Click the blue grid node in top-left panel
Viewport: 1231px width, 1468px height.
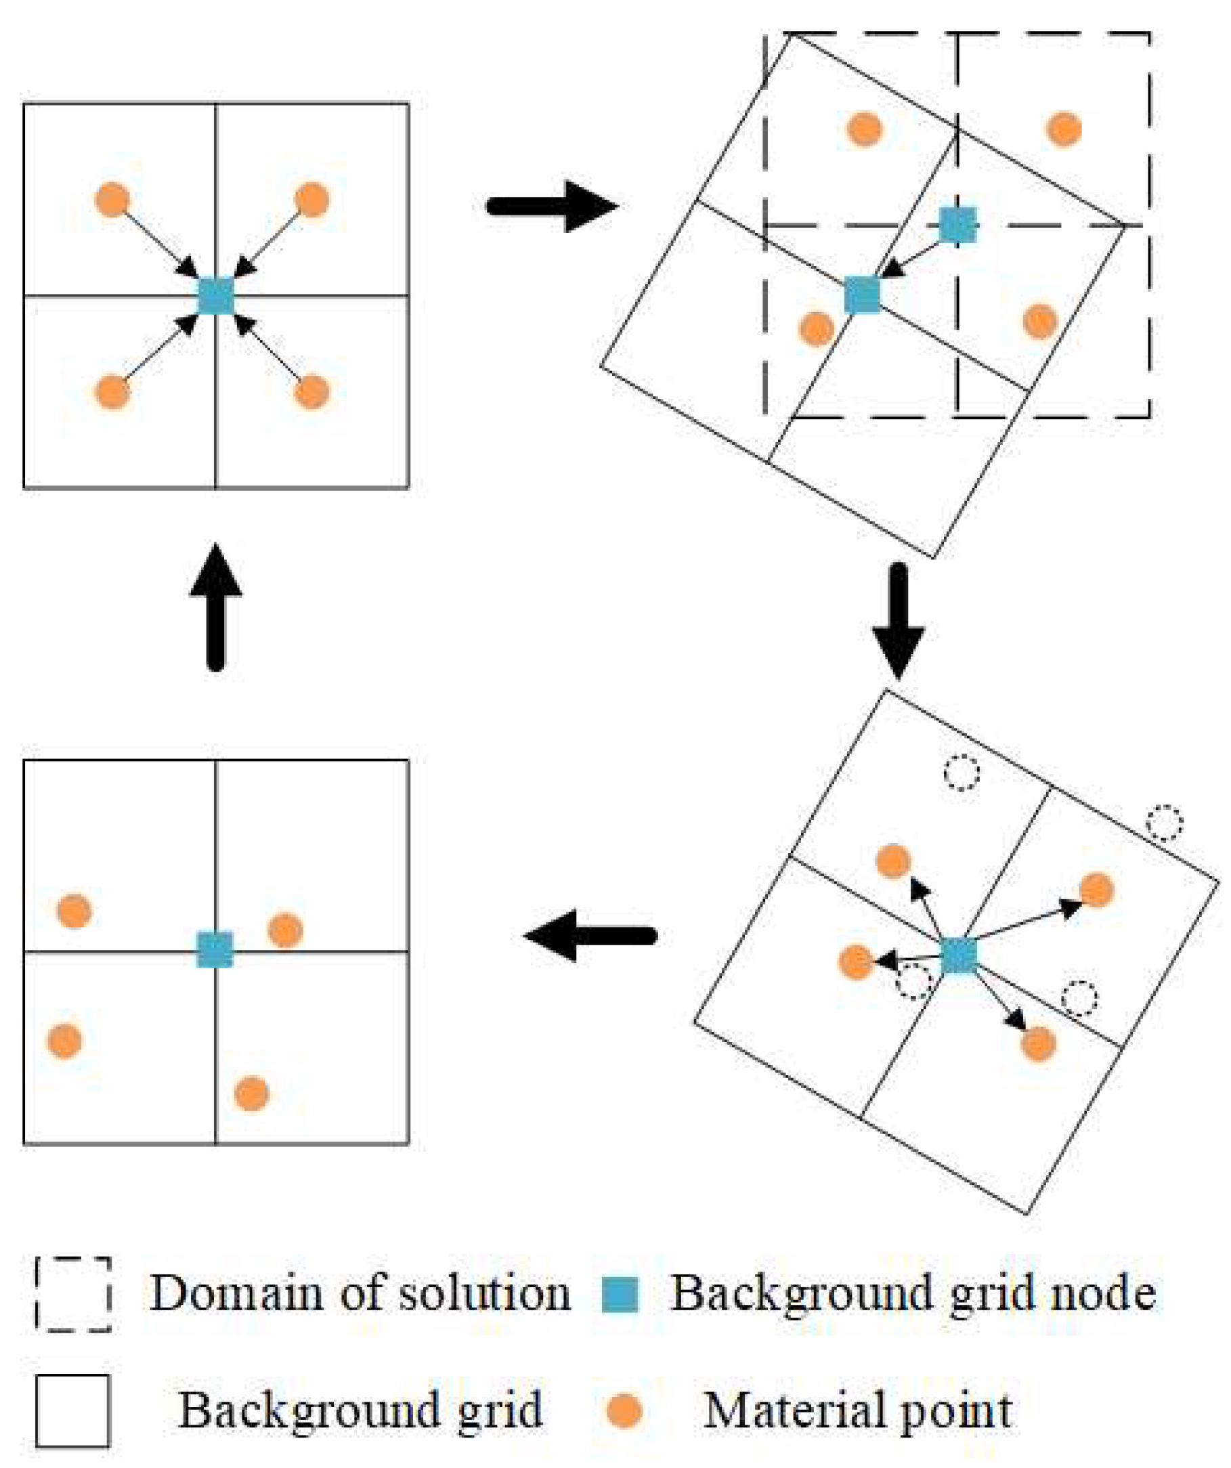tap(215, 296)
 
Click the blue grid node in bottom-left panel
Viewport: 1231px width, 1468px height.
tap(215, 950)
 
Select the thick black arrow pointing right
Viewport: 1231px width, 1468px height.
tap(553, 207)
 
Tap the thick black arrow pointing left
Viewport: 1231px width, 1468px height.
tap(590, 936)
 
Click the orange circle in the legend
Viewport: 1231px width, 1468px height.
tap(623, 1409)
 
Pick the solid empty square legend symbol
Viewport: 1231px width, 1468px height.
tap(72, 1410)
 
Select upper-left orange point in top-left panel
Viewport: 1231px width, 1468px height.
tap(112, 200)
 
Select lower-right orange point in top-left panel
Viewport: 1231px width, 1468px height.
tap(311, 391)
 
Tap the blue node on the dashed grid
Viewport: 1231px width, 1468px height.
tap(957, 225)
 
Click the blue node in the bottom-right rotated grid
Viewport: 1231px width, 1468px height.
tap(959, 956)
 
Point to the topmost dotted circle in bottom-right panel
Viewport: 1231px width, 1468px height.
tap(962, 773)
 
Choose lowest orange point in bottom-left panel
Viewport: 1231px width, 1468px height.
tap(252, 1094)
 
